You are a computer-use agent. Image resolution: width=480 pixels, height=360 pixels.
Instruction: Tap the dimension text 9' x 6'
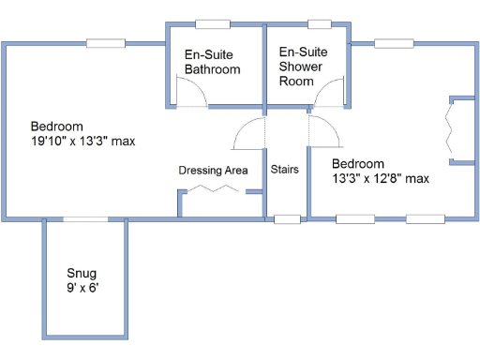[x=82, y=289]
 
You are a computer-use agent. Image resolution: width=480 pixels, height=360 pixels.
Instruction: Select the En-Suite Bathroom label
[x=212, y=62]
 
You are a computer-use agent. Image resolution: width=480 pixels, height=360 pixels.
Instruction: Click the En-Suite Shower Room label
[x=303, y=67]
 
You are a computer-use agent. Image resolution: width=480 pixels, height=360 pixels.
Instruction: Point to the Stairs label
[x=285, y=170]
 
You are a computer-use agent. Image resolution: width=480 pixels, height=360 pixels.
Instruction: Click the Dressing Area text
[x=213, y=170]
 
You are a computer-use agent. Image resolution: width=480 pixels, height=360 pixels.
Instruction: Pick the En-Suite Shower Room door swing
[x=330, y=94]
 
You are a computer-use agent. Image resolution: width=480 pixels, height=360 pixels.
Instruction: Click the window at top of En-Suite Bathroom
[x=212, y=23]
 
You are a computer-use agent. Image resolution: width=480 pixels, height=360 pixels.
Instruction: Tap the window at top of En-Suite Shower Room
[x=320, y=23]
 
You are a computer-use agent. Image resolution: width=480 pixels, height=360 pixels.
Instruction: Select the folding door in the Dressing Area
[x=214, y=189]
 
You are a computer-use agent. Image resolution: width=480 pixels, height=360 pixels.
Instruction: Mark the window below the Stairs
[x=287, y=220]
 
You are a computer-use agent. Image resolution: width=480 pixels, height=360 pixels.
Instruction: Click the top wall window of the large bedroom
[x=105, y=42]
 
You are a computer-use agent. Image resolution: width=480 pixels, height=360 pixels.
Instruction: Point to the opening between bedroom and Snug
[x=84, y=219]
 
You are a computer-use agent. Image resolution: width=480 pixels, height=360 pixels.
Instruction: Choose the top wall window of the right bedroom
[x=387, y=42]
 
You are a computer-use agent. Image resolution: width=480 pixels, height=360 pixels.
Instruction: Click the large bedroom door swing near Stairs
[x=248, y=134]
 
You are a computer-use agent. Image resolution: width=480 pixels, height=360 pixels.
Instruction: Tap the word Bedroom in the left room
[x=57, y=127]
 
